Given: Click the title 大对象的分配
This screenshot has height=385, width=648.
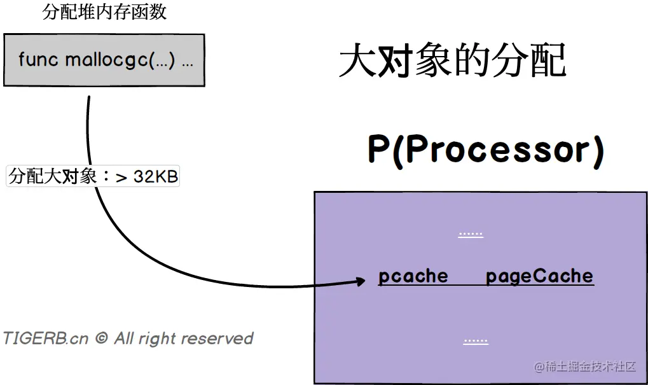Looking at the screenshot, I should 452,62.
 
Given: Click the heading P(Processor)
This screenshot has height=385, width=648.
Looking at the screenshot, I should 486,150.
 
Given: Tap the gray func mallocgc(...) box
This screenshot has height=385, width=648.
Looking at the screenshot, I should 104,60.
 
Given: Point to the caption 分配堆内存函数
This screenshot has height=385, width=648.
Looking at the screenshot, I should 105,12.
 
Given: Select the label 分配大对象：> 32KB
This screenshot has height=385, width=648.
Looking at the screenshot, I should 93,176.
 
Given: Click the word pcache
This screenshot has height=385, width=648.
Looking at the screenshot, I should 413,276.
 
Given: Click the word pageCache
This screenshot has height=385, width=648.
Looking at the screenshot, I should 539,276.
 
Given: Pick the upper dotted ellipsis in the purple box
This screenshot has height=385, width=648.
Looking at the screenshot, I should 471,234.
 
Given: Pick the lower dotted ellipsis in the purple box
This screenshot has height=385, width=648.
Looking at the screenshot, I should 476,340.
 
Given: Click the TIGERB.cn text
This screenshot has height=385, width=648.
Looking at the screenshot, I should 46,339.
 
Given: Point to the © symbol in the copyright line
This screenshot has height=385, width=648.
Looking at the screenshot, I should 101,339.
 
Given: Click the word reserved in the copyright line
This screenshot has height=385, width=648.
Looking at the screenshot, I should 219,339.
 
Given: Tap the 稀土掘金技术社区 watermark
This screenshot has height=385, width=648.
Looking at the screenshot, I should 584,367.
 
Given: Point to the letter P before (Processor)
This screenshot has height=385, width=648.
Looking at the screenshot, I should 379,150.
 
